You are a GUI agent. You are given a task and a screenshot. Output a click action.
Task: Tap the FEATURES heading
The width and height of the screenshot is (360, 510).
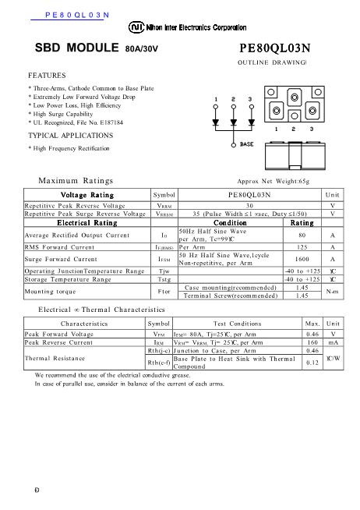(x=47, y=76)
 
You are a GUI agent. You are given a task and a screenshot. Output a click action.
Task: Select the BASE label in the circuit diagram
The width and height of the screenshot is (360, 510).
(x=246, y=144)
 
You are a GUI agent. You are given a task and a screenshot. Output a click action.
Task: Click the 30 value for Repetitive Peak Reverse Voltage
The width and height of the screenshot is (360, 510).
(x=249, y=204)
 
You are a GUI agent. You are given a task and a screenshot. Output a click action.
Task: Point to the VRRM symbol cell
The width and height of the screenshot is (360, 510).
(x=164, y=204)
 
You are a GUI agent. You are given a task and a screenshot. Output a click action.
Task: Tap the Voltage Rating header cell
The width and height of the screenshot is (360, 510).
(x=86, y=194)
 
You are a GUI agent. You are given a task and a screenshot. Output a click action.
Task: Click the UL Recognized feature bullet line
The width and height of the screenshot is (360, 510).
(x=75, y=123)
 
